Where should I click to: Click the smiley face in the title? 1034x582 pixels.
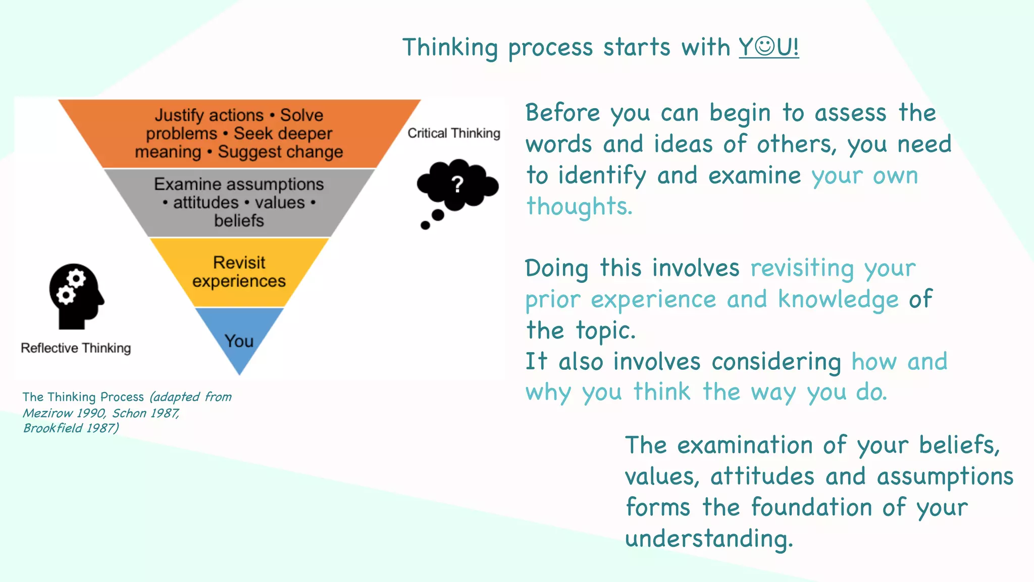(x=765, y=46)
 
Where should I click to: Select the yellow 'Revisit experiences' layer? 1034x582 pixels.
(x=239, y=272)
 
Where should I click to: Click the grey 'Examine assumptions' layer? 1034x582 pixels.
(x=239, y=202)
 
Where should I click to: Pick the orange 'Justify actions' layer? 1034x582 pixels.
(x=239, y=133)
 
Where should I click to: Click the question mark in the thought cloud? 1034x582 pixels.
(x=457, y=184)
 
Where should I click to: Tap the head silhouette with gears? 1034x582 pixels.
(x=76, y=296)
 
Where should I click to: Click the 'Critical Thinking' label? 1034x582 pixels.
(x=454, y=133)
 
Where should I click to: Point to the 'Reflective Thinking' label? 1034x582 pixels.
(x=76, y=348)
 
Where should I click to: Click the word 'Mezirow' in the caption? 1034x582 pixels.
(x=48, y=413)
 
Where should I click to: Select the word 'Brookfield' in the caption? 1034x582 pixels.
(x=53, y=428)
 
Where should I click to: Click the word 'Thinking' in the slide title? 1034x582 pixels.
(x=450, y=48)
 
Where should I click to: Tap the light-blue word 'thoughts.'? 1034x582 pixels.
(x=579, y=207)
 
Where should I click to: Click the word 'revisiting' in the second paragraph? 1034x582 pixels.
(x=802, y=268)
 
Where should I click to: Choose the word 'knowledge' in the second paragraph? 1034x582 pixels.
(x=838, y=300)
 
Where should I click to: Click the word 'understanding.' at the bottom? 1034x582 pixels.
(x=709, y=539)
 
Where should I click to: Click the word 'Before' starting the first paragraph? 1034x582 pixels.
(x=562, y=113)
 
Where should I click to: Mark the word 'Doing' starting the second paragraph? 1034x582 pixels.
(x=556, y=268)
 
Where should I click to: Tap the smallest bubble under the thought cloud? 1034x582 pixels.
(x=426, y=225)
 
